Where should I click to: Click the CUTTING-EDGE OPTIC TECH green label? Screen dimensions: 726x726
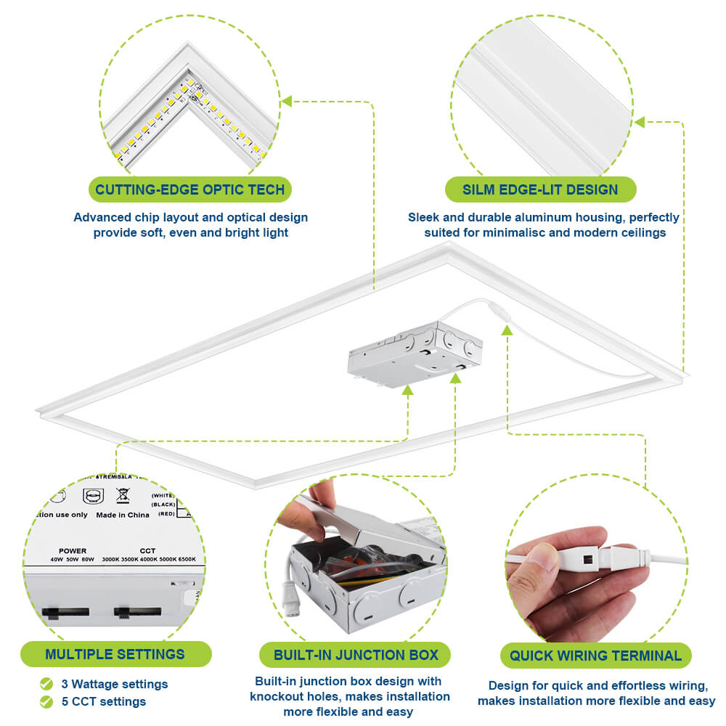click(x=190, y=190)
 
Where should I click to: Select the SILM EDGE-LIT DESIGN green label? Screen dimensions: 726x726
click(x=540, y=190)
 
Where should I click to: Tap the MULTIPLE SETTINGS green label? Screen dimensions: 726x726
click(x=115, y=654)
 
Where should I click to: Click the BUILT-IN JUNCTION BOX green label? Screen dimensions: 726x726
click(x=356, y=656)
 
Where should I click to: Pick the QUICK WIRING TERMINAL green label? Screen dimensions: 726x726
click(x=595, y=656)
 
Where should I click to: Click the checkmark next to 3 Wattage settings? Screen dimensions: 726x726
click(x=46, y=684)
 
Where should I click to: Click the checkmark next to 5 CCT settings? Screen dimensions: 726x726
click(x=46, y=701)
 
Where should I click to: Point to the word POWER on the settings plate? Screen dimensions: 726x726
click(x=73, y=551)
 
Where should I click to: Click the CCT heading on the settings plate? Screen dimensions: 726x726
click(x=147, y=551)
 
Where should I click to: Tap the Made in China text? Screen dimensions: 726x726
click(x=123, y=515)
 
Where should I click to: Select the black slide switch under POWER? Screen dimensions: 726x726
click(x=66, y=612)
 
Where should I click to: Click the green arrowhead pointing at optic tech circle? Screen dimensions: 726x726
click(x=287, y=101)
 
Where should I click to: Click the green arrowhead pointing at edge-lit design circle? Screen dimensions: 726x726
click(x=640, y=122)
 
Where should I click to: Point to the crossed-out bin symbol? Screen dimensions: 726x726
click(x=123, y=496)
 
